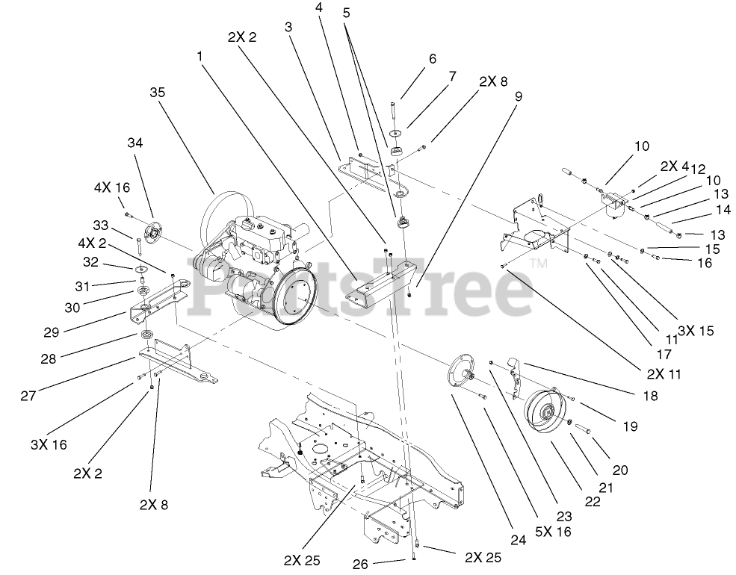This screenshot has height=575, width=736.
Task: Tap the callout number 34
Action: (x=134, y=142)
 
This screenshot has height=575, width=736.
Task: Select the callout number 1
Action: (x=200, y=56)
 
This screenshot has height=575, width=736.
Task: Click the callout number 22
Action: (x=592, y=502)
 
